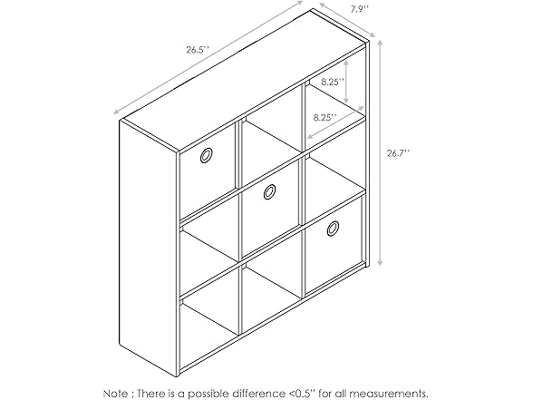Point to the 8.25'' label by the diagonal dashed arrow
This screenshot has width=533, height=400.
coord(325,117)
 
